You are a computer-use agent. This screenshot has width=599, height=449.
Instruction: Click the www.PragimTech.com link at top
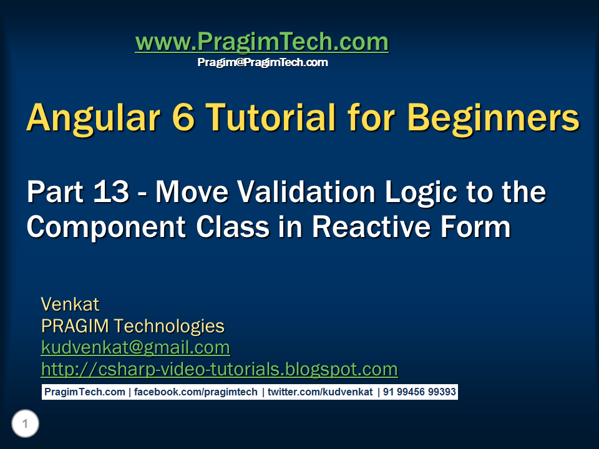[261, 42]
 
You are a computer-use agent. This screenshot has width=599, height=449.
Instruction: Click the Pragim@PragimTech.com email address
[262, 62]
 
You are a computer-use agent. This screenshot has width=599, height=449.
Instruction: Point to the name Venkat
[70, 304]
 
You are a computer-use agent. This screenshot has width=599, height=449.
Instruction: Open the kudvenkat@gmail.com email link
[135, 347]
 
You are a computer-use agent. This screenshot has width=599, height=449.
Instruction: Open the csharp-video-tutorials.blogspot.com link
[219, 369]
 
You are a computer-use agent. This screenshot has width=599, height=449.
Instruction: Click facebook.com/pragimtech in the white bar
[195, 392]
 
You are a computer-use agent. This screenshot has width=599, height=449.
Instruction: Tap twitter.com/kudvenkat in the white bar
[320, 392]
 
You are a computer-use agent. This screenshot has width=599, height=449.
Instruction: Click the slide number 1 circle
[25, 425]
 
